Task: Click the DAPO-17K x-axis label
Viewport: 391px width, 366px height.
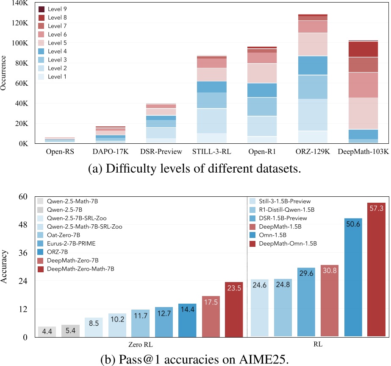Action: (x=107, y=151)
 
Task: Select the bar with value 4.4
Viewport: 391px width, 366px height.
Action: (x=47, y=332)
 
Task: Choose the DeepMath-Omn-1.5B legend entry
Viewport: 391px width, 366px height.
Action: (x=288, y=243)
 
